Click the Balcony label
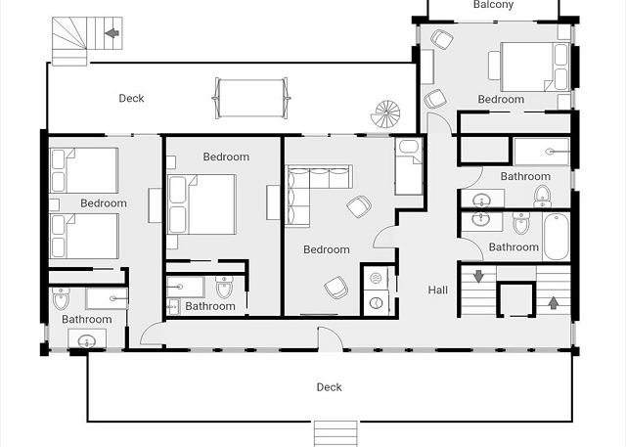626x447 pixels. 493,4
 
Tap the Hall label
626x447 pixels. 438,291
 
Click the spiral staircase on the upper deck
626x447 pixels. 385,114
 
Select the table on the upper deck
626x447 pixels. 251,98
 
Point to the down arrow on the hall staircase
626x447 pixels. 478,276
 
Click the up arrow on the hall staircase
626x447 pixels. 553,302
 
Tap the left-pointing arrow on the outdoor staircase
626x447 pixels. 112,33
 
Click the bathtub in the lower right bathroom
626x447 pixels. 557,237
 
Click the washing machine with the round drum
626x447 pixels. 376,304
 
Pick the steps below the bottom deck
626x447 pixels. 335,434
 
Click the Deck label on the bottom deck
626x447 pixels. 329,387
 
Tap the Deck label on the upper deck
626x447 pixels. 131,98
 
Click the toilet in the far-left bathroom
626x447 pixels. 61,298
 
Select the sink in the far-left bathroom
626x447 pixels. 87,341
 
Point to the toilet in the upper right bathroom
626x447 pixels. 543,197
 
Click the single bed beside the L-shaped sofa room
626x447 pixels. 409,167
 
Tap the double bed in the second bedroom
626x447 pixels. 201,204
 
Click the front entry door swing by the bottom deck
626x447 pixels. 330,338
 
